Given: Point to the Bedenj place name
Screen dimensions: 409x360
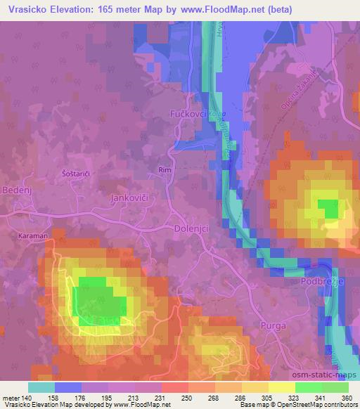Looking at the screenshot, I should click(16, 191).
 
